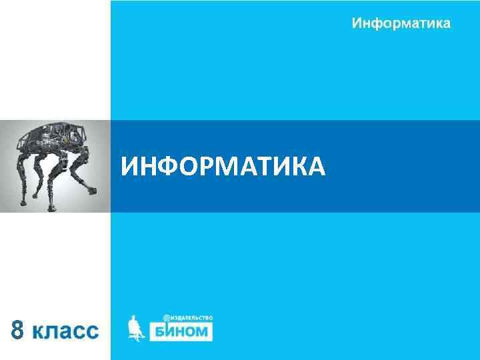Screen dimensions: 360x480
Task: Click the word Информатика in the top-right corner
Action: tap(401, 24)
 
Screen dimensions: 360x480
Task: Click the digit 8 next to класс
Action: tap(21, 330)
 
